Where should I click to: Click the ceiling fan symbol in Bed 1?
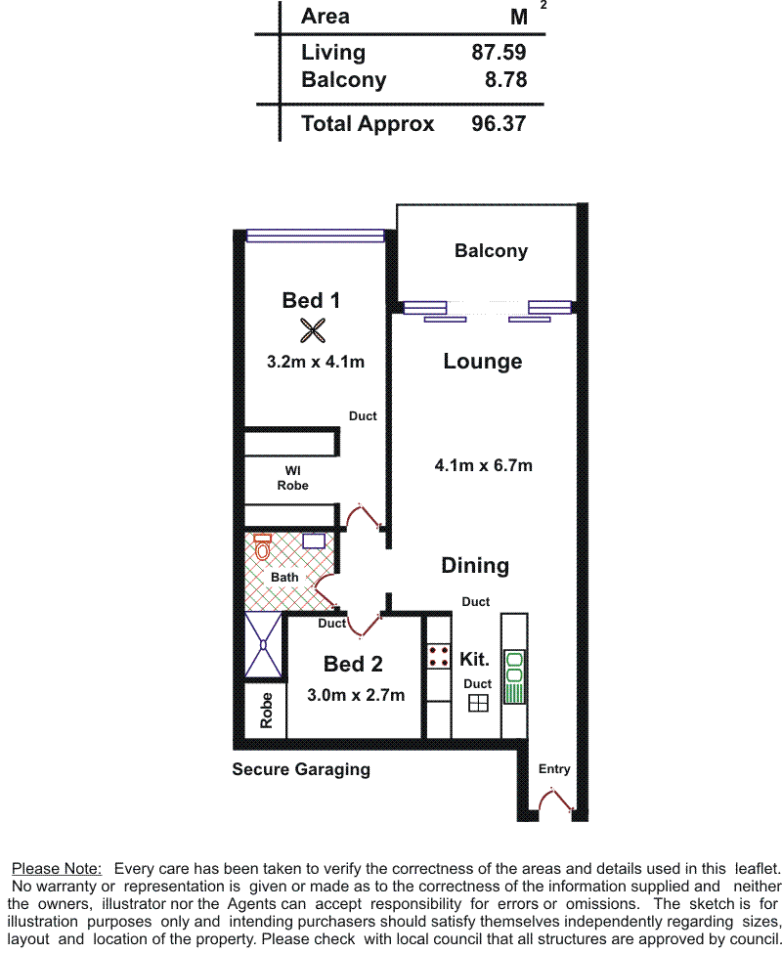(x=313, y=330)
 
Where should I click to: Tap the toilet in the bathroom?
(x=263, y=547)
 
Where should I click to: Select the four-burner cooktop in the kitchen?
(x=438, y=656)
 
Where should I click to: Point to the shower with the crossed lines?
(x=263, y=645)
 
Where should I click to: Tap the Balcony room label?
(x=491, y=251)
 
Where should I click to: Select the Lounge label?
(x=483, y=361)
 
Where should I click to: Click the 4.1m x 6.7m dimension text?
(x=483, y=465)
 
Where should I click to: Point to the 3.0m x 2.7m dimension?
(x=356, y=695)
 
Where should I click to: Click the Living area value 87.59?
(x=499, y=52)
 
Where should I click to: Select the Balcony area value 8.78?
(x=505, y=79)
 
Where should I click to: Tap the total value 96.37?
(x=499, y=124)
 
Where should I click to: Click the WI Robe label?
(x=292, y=478)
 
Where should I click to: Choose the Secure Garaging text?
(x=301, y=769)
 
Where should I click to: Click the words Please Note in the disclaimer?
(x=57, y=869)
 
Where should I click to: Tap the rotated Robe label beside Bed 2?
(x=266, y=710)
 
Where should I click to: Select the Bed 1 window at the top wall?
(x=315, y=236)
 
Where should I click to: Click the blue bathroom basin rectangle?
(x=314, y=541)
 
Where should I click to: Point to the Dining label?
(x=475, y=565)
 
